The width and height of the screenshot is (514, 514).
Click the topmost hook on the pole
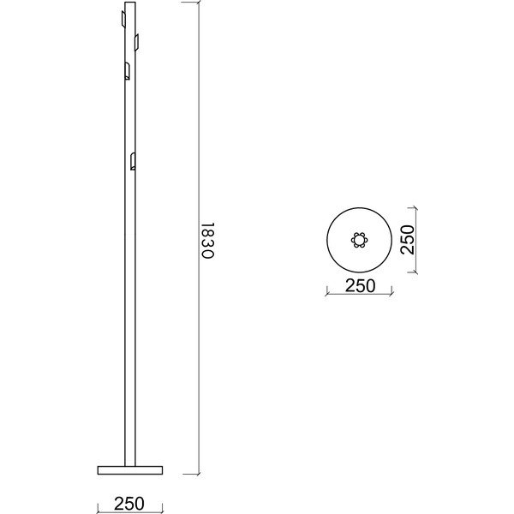click(123, 18)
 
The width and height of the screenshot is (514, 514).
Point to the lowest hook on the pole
click(132, 161)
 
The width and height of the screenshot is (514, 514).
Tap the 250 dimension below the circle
click(360, 286)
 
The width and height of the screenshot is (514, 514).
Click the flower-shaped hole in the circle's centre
click(360, 240)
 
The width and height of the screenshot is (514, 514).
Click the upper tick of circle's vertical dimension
click(415, 208)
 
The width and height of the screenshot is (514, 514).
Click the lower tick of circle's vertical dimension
click(415, 272)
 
